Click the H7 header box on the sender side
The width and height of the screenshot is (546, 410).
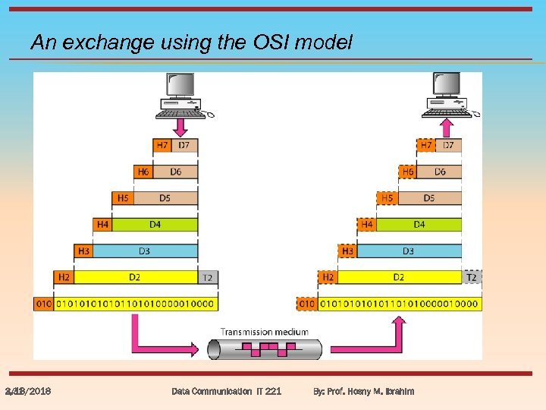[162, 145]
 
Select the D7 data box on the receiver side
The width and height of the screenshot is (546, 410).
[448, 145]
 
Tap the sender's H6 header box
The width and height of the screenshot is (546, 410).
[143, 172]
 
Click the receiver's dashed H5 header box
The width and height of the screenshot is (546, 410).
[387, 198]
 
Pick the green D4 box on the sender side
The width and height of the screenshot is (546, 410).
[155, 224]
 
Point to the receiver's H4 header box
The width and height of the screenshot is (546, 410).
[367, 224]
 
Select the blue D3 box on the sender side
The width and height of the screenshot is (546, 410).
[145, 251]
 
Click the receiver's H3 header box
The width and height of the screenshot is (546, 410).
[348, 251]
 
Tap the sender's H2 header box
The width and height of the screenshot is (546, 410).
[64, 277]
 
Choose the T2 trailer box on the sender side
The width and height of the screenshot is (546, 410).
[207, 277]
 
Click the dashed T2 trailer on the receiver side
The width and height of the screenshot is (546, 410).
[472, 277]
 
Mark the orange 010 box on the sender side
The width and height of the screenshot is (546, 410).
[43, 304]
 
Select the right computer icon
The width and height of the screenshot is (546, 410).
[447, 95]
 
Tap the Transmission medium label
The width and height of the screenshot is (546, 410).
[265, 331]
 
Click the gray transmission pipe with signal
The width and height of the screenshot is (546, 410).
[265, 349]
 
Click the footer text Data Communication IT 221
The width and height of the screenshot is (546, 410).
[226, 391]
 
